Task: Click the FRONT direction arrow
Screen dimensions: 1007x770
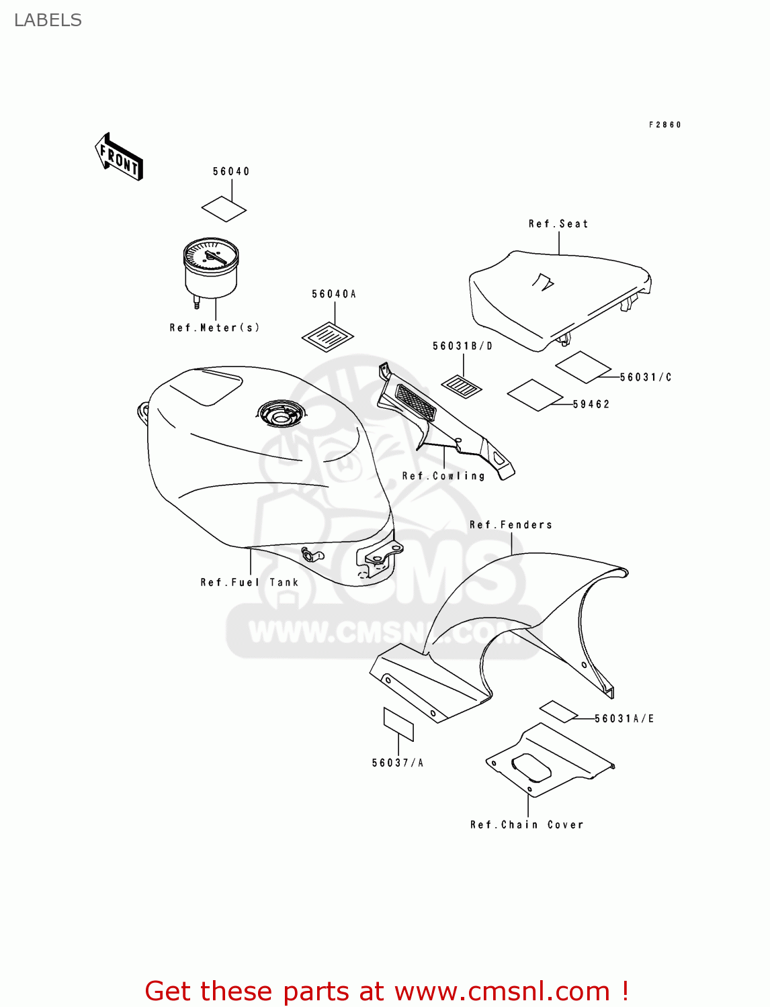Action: pyautogui.click(x=119, y=158)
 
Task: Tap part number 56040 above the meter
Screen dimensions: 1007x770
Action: pyautogui.click(x=231, y=172)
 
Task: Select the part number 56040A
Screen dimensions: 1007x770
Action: pyautogui.click(x=334, y=294)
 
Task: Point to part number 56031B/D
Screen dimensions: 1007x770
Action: pyautogui.click(x=462, y=346)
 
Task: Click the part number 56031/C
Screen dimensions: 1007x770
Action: pyautogui.click(x=645, y=377)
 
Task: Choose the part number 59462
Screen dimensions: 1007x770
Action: pyautogui.click(x=591, y=404)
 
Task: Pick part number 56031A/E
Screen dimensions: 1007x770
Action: pyautogui.click(x=624, y=719)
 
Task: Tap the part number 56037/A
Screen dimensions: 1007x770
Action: pyautogui.click(x=398, y=763)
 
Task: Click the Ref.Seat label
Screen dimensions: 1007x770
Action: pyautogui.click(x=558, y=224)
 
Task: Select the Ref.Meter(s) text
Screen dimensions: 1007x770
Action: pyautogui.click(x=214, y=328)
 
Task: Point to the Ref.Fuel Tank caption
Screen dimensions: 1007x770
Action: pyautogui.click(x=249, y=583)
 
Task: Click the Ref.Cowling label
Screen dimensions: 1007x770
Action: pyautogui.click(x=443, y=476)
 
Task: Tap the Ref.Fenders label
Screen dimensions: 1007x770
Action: pyautogui.click(x=511, y=525)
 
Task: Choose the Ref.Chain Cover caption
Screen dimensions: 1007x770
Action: pyautogui.click(x=527, y=825)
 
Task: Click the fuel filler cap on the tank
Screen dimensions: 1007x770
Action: pyautogui.click(x=280, y=415)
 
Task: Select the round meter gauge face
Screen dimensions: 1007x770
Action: pyautogui.click(x=211, y=256)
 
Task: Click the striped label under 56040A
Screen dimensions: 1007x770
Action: pyautogui.click(x=328, y=336)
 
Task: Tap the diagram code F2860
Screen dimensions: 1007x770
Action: pyautogui.click(x=665, y=125)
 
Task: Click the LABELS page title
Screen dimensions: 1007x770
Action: pyautogui.click(x=48, y=21)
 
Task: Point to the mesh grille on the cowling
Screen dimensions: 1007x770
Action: pyautogui.click(x=415, y=402)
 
